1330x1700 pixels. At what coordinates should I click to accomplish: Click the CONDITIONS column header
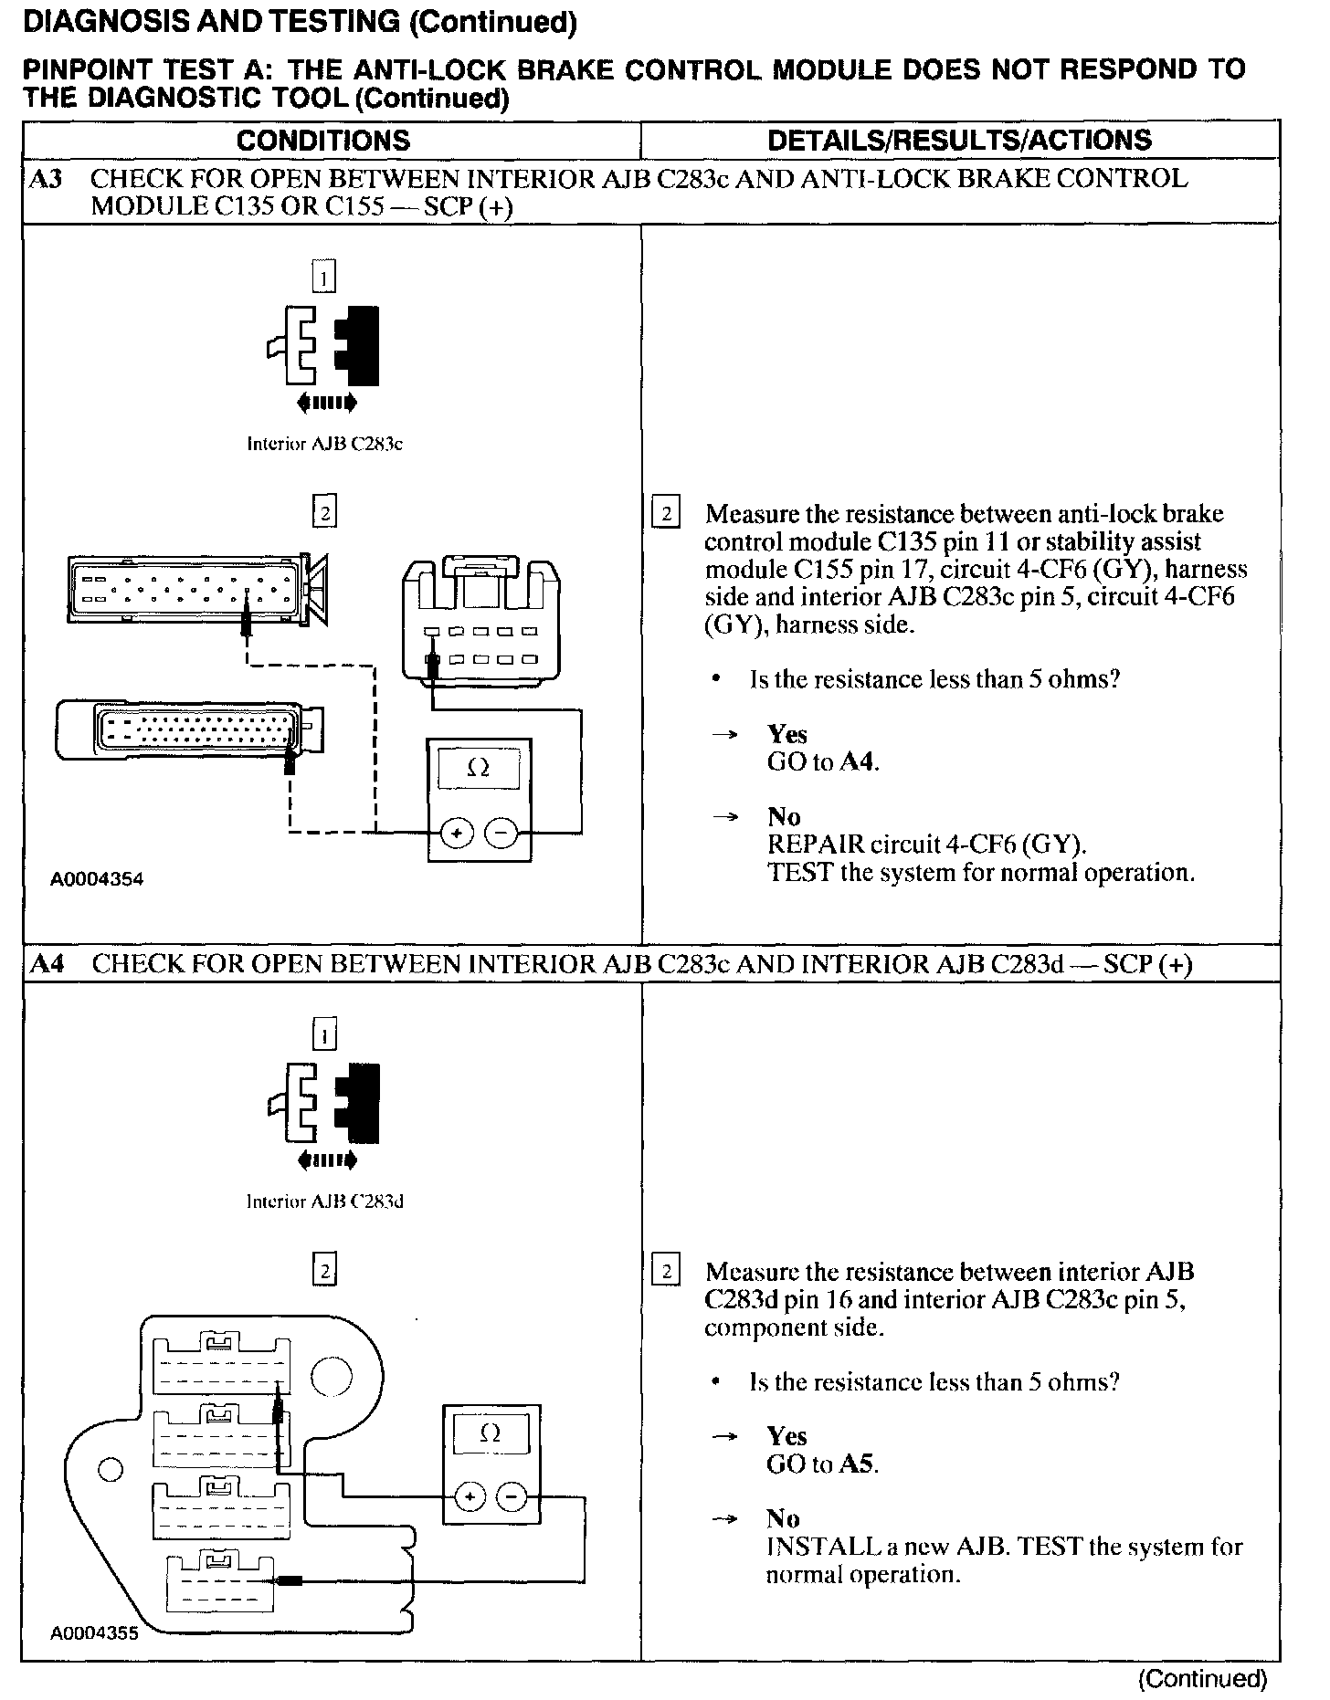click(323, 141)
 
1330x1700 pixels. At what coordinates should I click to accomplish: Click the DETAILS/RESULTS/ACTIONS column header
click(959, 141)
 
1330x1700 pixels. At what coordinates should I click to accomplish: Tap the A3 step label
click(46, 179)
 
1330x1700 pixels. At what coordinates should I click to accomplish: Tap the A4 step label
click(47, 964)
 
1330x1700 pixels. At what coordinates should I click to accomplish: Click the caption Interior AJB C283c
click(324, 444)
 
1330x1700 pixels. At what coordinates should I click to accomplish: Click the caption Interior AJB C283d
click(324, 1202)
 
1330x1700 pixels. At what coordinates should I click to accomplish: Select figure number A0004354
click(97, 879)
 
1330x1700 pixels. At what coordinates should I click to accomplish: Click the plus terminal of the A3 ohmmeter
click(457, 833)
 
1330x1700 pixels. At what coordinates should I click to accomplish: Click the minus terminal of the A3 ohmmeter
click(501, 833)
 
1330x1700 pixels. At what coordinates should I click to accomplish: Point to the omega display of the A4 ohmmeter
click(491, 1434)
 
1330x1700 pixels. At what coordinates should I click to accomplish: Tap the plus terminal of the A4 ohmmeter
click(470, 1497)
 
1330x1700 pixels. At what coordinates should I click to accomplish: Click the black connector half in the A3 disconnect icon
click(360, 345)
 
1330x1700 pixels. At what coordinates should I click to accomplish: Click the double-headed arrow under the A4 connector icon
click(325, 1161)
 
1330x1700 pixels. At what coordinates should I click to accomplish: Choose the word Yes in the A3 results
click(787, 734)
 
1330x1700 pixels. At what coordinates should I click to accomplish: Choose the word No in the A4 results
click(784, 1518)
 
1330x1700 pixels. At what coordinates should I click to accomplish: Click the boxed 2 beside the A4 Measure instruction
click(667, 1272)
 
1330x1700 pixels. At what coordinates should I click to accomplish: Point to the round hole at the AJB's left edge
click(110, 1469)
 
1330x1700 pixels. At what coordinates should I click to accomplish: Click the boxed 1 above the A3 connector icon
click(324, 276)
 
